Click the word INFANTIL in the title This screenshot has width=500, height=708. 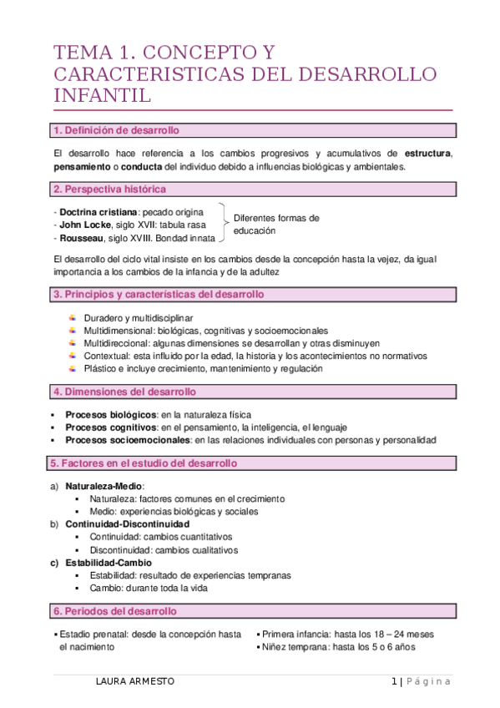103,95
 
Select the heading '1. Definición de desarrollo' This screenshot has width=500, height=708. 115,131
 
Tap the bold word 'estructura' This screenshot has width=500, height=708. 428,154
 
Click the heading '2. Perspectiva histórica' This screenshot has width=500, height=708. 109,190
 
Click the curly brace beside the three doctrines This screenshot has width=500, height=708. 223,225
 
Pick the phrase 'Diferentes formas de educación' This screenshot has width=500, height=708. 275,225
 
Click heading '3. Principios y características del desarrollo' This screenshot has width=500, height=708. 159,295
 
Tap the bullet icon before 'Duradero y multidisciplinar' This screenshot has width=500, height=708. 73,318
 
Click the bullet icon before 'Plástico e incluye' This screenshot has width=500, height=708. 73,368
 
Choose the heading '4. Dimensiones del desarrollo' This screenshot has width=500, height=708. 124,392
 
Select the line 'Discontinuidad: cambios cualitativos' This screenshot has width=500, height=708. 164,550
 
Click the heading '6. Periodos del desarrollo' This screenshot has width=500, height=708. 115,611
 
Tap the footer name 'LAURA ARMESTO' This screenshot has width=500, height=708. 135,681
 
